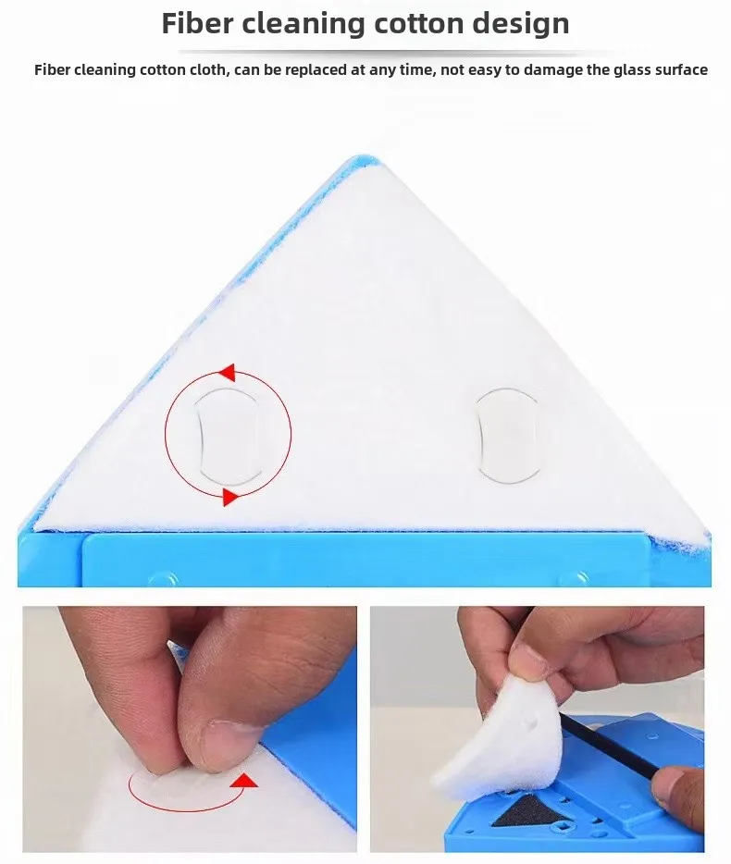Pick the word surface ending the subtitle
tap(681, 70)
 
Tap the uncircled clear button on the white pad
tap(507, 436)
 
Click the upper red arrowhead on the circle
tap(227, 372)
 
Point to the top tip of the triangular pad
tap(365, 158)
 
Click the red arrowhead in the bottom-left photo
tap(245, 781)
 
